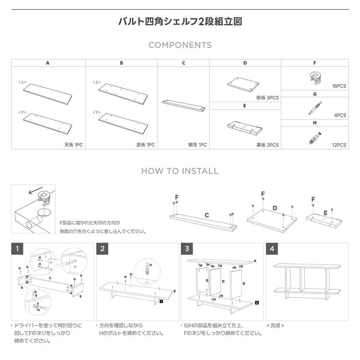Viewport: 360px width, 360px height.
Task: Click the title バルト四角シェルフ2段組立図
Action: point(180,22)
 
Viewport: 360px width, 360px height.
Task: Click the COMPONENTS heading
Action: point(180,45)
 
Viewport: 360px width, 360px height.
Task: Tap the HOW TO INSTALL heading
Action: point(180,171)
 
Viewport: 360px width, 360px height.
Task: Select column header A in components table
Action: point(48,63)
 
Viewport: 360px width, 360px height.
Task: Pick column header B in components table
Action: point(121,63)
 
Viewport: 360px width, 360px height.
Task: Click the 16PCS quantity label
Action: point(339,86)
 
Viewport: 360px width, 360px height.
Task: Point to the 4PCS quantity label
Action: point(340,115)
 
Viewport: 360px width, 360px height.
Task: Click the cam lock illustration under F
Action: point(315,77)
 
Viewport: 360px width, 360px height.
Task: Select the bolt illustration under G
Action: point(314,107)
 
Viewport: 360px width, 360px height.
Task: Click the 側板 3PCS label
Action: point(267,97)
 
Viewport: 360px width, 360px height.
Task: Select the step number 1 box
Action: point(17,249)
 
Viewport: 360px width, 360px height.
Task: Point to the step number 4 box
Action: point(272,249)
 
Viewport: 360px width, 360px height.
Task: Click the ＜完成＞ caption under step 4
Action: point(276,325)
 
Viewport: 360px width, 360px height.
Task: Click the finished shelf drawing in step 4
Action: point(306,281)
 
